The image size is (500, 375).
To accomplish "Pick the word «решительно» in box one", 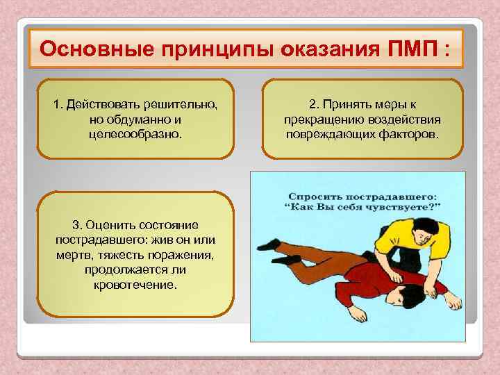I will [182, 105].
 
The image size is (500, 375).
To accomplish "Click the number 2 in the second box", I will [312, 105].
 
